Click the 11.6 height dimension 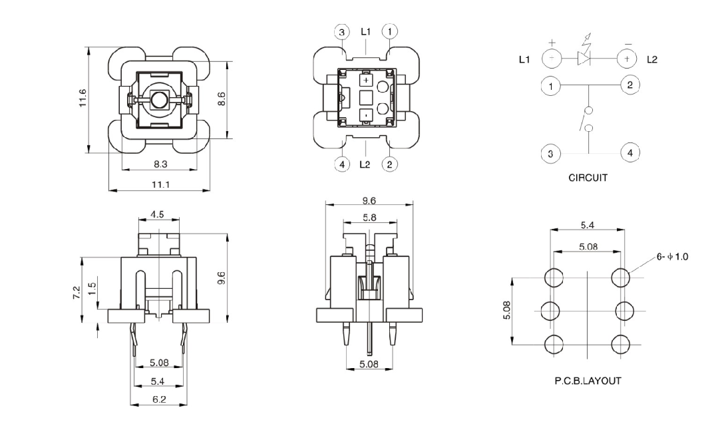(83, 99)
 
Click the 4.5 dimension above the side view (158, 214)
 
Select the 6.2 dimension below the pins (158, 399)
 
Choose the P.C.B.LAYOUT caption (588, 381)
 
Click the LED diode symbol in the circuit (583, 59)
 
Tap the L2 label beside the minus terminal (652, 60)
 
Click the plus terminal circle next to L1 (551, 59)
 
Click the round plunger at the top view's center (159, 101)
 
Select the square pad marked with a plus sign (367, 80)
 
